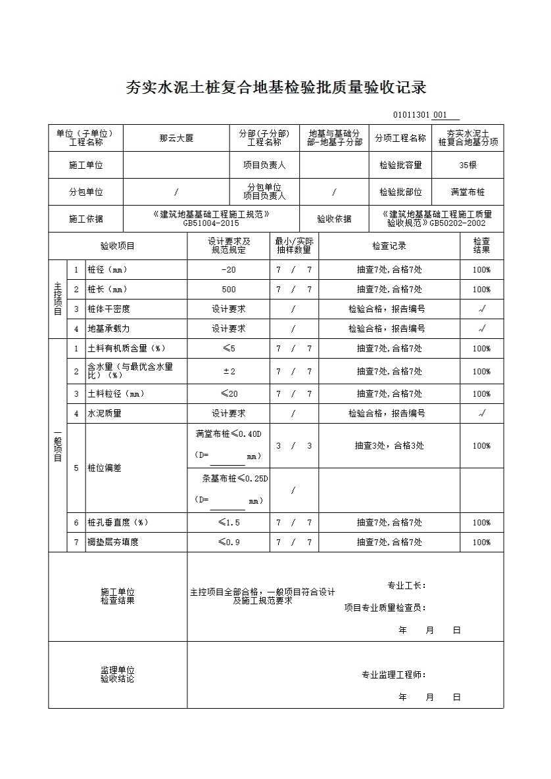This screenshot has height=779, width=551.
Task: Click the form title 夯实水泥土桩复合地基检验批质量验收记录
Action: pos(276,88)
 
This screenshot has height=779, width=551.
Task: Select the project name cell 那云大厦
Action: pos(176,139)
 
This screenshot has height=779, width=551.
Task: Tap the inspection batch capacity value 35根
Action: pos(467,166)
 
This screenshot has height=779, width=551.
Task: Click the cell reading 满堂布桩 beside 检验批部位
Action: pos(467,192)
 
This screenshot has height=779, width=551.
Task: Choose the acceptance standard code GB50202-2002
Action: pos(458,223)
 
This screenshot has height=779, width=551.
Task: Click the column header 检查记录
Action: pos(389,246)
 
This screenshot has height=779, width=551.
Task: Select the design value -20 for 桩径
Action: pos(228,270)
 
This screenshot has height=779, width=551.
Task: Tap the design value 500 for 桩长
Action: pos(228,290)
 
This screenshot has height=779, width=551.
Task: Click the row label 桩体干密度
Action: pos(108,309)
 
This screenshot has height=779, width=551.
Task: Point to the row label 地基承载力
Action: pos(108,328)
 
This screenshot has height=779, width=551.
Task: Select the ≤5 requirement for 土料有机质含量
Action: pos(228,349)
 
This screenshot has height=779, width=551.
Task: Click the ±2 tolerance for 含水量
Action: pos(228,371)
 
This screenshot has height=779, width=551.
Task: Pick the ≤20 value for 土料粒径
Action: pos(228,394)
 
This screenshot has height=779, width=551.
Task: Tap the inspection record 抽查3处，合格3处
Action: pos(389,446)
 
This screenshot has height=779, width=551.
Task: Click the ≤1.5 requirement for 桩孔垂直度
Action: pos(228,523)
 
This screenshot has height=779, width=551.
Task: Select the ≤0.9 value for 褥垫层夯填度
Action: pos(228,543)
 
